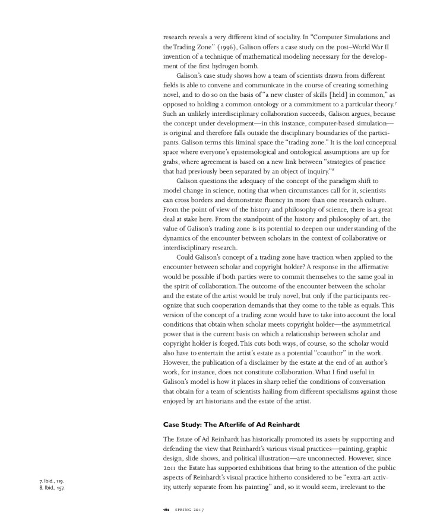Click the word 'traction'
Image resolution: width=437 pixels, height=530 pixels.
[x=316, y=257]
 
